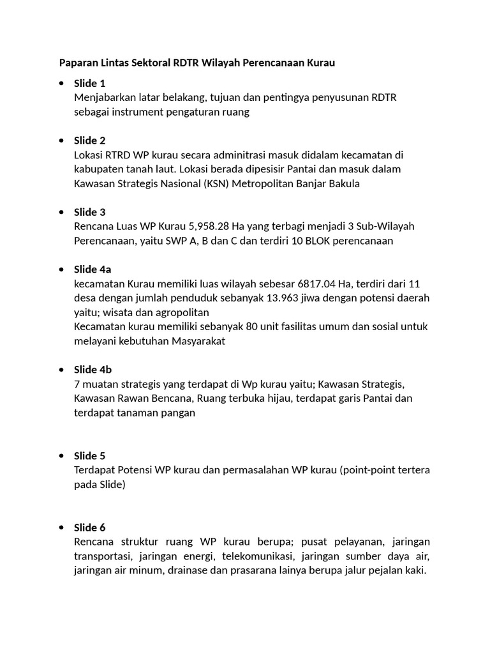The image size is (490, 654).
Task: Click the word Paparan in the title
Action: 78,63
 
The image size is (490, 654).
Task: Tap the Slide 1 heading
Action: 89,83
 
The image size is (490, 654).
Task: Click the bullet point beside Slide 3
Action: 61,212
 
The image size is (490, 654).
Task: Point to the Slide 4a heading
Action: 93,270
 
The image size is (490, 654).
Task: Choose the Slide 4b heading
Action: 93,369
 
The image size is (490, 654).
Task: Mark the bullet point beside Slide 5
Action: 61,456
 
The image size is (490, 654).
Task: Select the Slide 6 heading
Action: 89,528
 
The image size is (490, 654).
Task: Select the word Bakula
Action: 344,184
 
